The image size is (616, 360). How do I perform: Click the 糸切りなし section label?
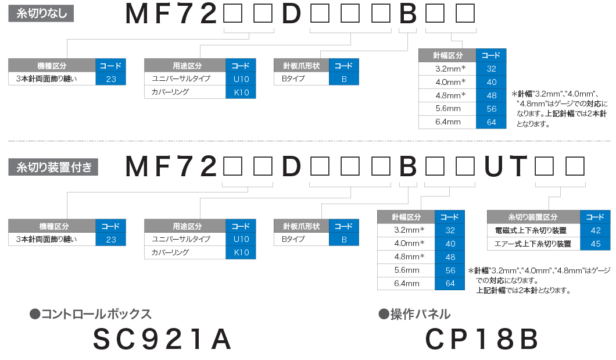(x=41, y=13)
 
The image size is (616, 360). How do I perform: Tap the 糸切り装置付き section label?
(x=53, y=167)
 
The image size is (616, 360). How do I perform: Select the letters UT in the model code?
(x=506, y=166)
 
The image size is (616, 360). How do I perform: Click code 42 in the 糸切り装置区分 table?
(x=595, y=230)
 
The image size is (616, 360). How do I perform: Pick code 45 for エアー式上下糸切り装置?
(x=595, y=244)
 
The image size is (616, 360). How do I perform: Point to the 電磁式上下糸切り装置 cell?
(x=533, y=230)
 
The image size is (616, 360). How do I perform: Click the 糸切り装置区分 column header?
(x=533, y=217)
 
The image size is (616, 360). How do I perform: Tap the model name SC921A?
(x=162, y=339)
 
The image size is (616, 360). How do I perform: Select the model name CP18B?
(x=482, y=339)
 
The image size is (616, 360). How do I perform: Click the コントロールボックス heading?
(x=91, y=314)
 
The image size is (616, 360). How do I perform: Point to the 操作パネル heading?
(x=414, y=314)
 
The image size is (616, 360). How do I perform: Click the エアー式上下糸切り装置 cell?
(x=533, y=244)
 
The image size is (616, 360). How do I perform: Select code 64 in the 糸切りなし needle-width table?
(x=491, y=122)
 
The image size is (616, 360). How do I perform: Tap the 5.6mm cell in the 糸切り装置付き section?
(x=406, y=270)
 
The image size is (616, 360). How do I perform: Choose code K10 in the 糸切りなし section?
(x=241, y=92)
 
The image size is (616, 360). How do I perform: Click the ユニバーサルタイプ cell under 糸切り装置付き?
(x=185, y=239)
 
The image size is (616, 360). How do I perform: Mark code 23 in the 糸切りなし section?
(x=111, y=79)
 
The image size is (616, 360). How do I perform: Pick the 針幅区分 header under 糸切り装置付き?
(x=406, y=217)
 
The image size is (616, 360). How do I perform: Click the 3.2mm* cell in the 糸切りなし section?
(x=447, y=69)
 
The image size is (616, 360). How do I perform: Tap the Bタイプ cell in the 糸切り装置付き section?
(x=302, y=239)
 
